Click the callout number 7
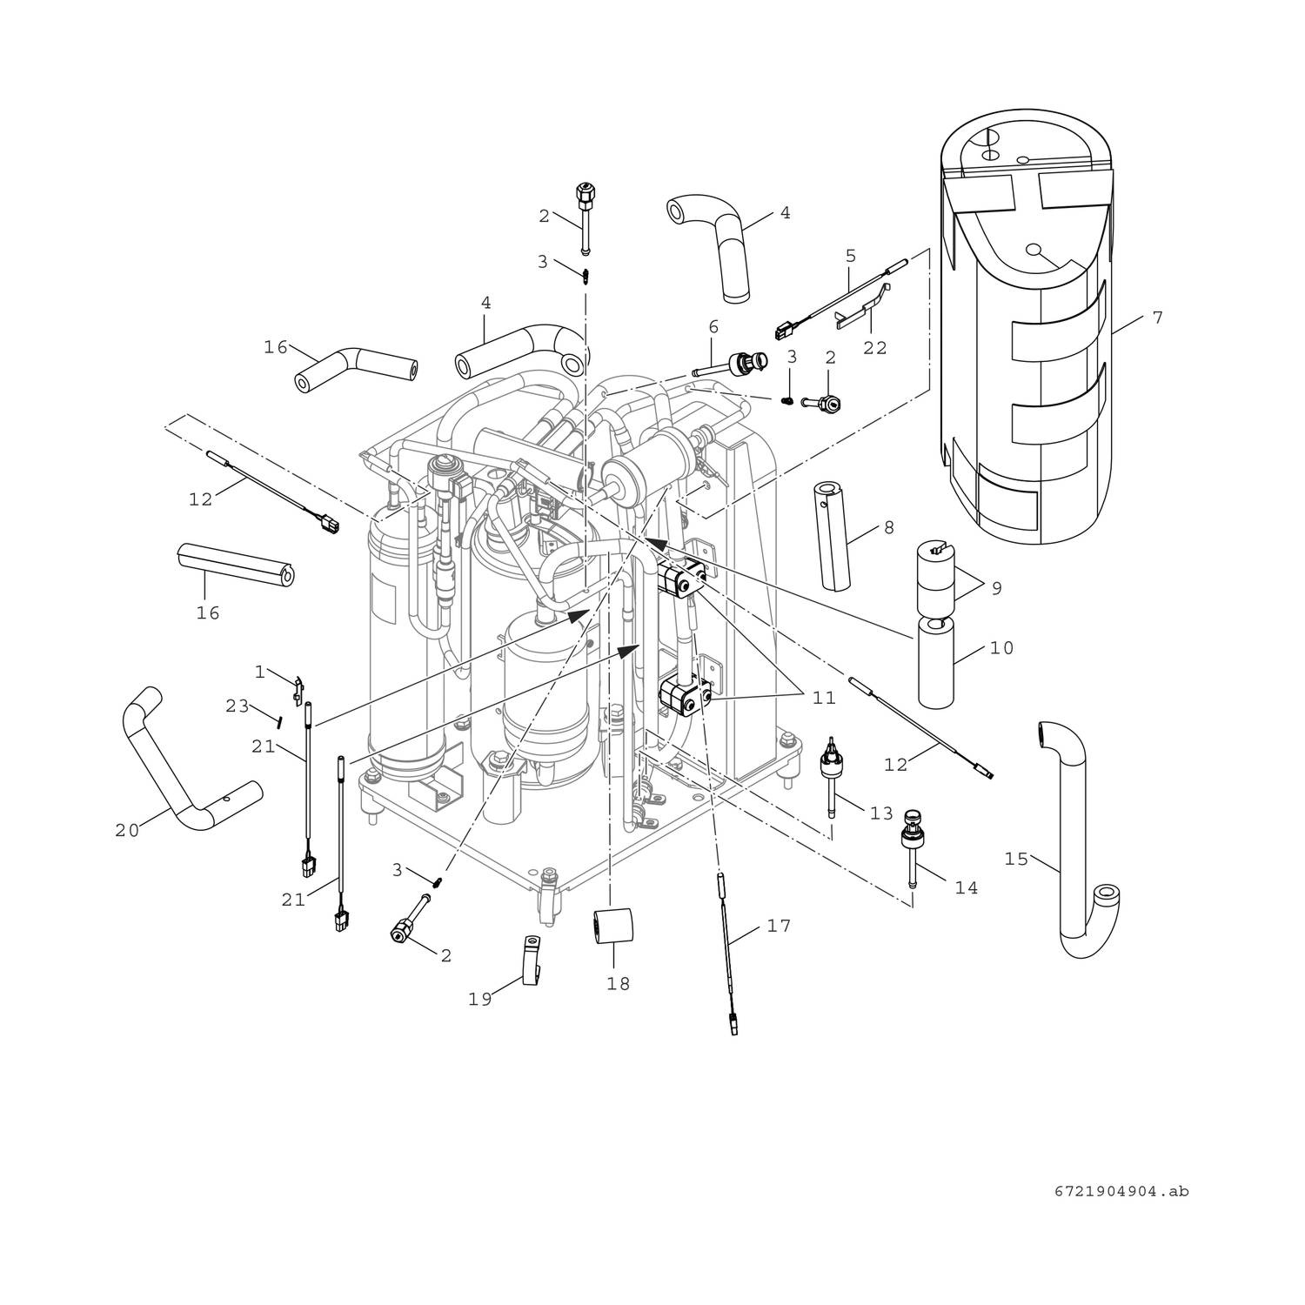[x=1157, y=318]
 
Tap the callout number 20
[x=127, y=831]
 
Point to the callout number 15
[x=1016, y=860]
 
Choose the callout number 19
[x=480, y=1000]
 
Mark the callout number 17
[x=779, y=926]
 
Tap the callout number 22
[x=874, y=348]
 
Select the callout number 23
[x=238, y=706]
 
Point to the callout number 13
[x=881, y=813]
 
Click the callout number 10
[x=1001, y=648]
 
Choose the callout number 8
[x=888, y=528]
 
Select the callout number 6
[x=713, y=327]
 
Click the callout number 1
[x=259, y=672]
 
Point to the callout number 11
[x=823, y=698]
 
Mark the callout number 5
[x=851, y=257]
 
